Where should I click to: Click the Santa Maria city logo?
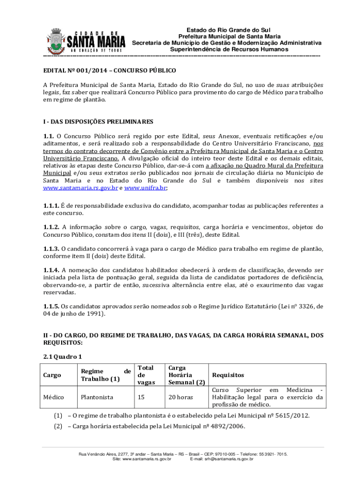coord(86,40)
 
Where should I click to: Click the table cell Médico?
coord(53,397)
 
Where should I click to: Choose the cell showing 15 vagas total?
coord(141,397)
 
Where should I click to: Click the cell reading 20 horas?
coord(180,397)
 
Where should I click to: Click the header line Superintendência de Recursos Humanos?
coord(229,49)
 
